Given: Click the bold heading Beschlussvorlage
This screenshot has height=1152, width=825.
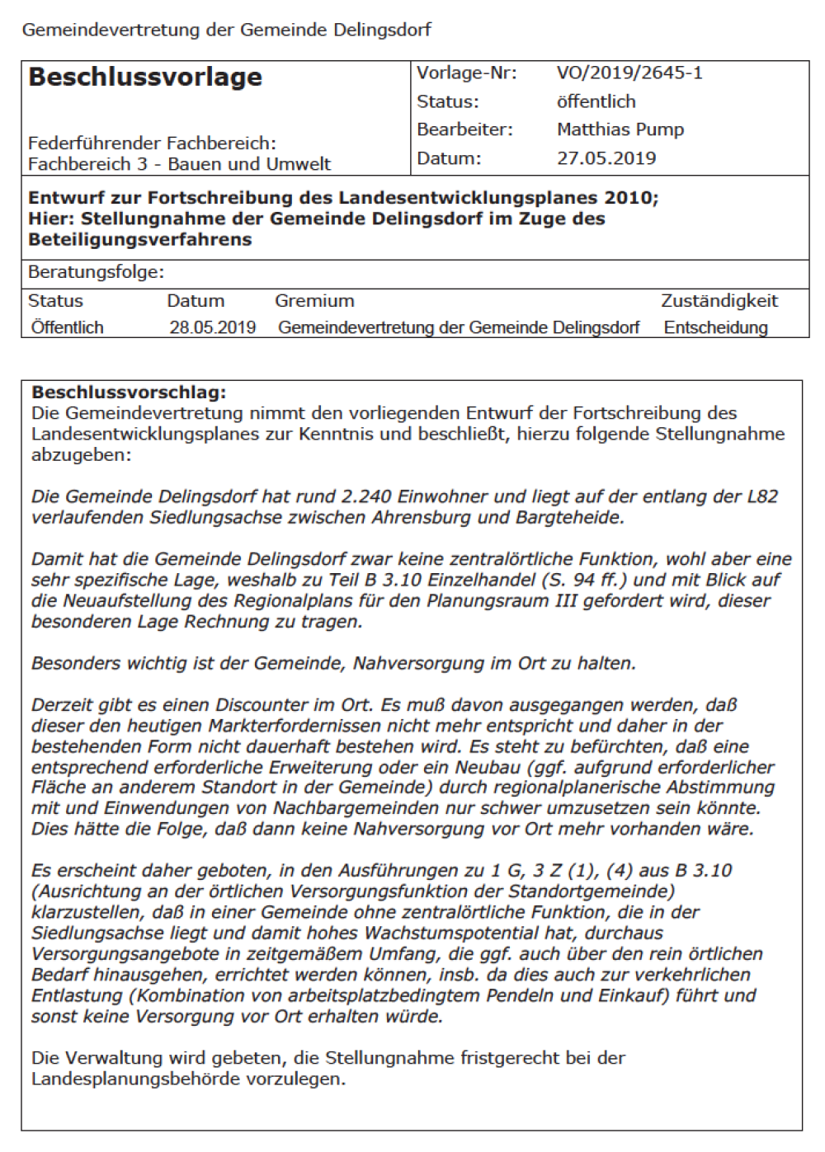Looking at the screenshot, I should point(145,78).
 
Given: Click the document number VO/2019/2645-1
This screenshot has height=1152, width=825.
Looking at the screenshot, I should point(629,73).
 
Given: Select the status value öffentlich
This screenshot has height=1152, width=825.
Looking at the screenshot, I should point(596,102).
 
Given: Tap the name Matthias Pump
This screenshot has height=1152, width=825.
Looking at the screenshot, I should point(620,129).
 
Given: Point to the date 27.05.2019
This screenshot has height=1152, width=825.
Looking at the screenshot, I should point(606,158).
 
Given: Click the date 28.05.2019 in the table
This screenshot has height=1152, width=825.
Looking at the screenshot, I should point(212,327).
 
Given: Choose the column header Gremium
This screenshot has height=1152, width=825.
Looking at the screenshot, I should point(314,301).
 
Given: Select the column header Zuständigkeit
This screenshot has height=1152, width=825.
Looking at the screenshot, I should point(719,301).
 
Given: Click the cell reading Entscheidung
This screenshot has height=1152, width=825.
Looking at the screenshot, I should point(715,327).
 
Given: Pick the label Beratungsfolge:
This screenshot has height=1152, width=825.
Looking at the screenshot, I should point(96,272).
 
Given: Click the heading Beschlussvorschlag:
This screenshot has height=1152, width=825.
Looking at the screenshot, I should point(129,393).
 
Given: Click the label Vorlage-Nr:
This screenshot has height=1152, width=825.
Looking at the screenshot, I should point(466,73).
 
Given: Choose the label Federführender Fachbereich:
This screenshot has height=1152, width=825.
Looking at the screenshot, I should point(152,143).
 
